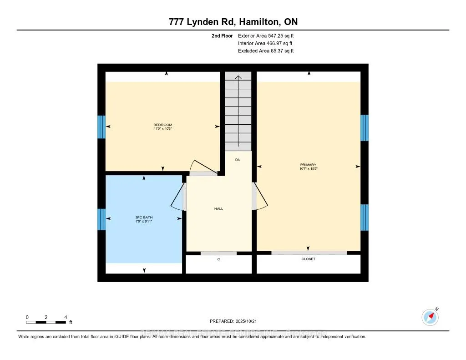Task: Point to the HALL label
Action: click(x=218, y=208)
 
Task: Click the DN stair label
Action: click(x=238, y=160)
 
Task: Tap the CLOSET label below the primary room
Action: click(x=308, y=259)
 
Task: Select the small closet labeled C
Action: click(x=218, y=259)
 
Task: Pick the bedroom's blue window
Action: click(x=101, y=127)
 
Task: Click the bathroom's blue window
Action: click(x=101, y=219)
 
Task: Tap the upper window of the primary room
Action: click(x=365, y=128)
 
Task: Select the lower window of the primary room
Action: click(x=365, y=218)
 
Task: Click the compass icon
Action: click(x=430, y=317)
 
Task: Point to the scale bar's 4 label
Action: click(x=66, y=317)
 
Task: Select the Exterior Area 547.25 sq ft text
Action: click(x=269, y=35)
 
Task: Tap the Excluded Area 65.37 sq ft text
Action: click(x=266, y=51)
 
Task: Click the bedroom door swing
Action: click(x=202, y=167)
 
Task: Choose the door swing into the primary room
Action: click(x=260, y=197)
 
